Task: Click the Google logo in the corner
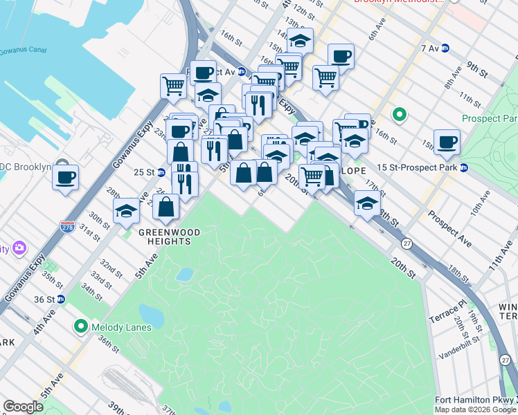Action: pyautogui.click(x=23, y=407)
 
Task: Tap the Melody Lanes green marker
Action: pyautogui.click(x=81, y=325)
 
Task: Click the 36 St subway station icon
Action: pyautogui.click(x=60, y=299)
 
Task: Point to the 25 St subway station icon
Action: pyautogui.click(x=161, y=172)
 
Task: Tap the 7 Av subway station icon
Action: pyautogui.click(x=445, y=48)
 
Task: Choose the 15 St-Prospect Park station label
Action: pyautogui.click(x=418, y=167)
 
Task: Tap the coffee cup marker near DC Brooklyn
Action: pyautogui.click(x=65, y=177)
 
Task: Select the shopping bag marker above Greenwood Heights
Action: pyautogui.click(x=166, y=206)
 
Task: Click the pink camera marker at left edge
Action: pyautogui.click(x=19, y=248)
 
